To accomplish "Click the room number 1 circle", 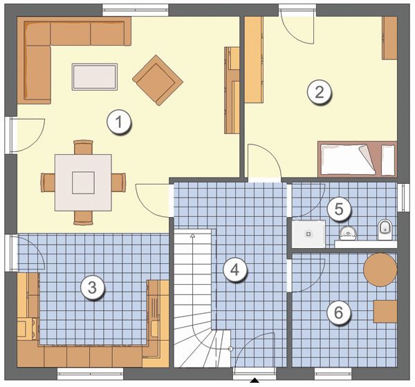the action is coord(118,123).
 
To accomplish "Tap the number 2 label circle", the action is coord(319,93).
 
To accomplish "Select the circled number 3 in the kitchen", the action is coord(93,287).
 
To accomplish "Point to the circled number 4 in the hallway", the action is coord(234,270).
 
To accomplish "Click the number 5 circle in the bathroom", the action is coord(339,209).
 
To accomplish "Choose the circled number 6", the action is coord(339,313).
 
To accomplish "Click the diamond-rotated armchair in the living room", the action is coord(158,80).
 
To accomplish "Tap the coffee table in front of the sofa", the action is coord(95,77).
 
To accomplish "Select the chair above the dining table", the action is coord(84,147).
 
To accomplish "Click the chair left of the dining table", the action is coord(48,182).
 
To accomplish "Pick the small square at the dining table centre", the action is coord(84,182).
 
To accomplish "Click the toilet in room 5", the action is coord(385,229).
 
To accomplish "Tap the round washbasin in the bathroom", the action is coord(348,233).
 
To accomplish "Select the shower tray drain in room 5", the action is coord(308,234).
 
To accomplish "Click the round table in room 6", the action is coord(380,270).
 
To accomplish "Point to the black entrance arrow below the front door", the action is coord(255,380).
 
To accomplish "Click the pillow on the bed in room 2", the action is coord(388,160).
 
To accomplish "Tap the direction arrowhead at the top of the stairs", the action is coord(193,236).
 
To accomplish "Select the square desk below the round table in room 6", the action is coord(385,312).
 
